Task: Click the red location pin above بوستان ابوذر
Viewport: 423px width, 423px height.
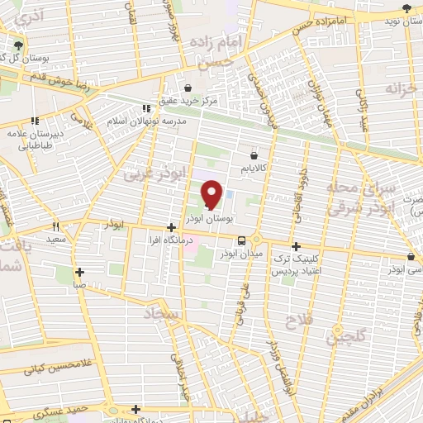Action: tap(211, 195)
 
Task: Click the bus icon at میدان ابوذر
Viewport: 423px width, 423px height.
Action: tap(240, 240)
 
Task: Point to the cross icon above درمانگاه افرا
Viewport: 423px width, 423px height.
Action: tap(170, 227)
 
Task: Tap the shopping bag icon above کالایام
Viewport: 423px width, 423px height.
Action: tap(253, 154)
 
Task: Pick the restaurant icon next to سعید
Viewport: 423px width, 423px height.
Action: tap(55, 226)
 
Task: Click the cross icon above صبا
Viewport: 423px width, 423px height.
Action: tap(79, 272)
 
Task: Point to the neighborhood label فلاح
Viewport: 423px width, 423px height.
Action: tap(297, 318)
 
